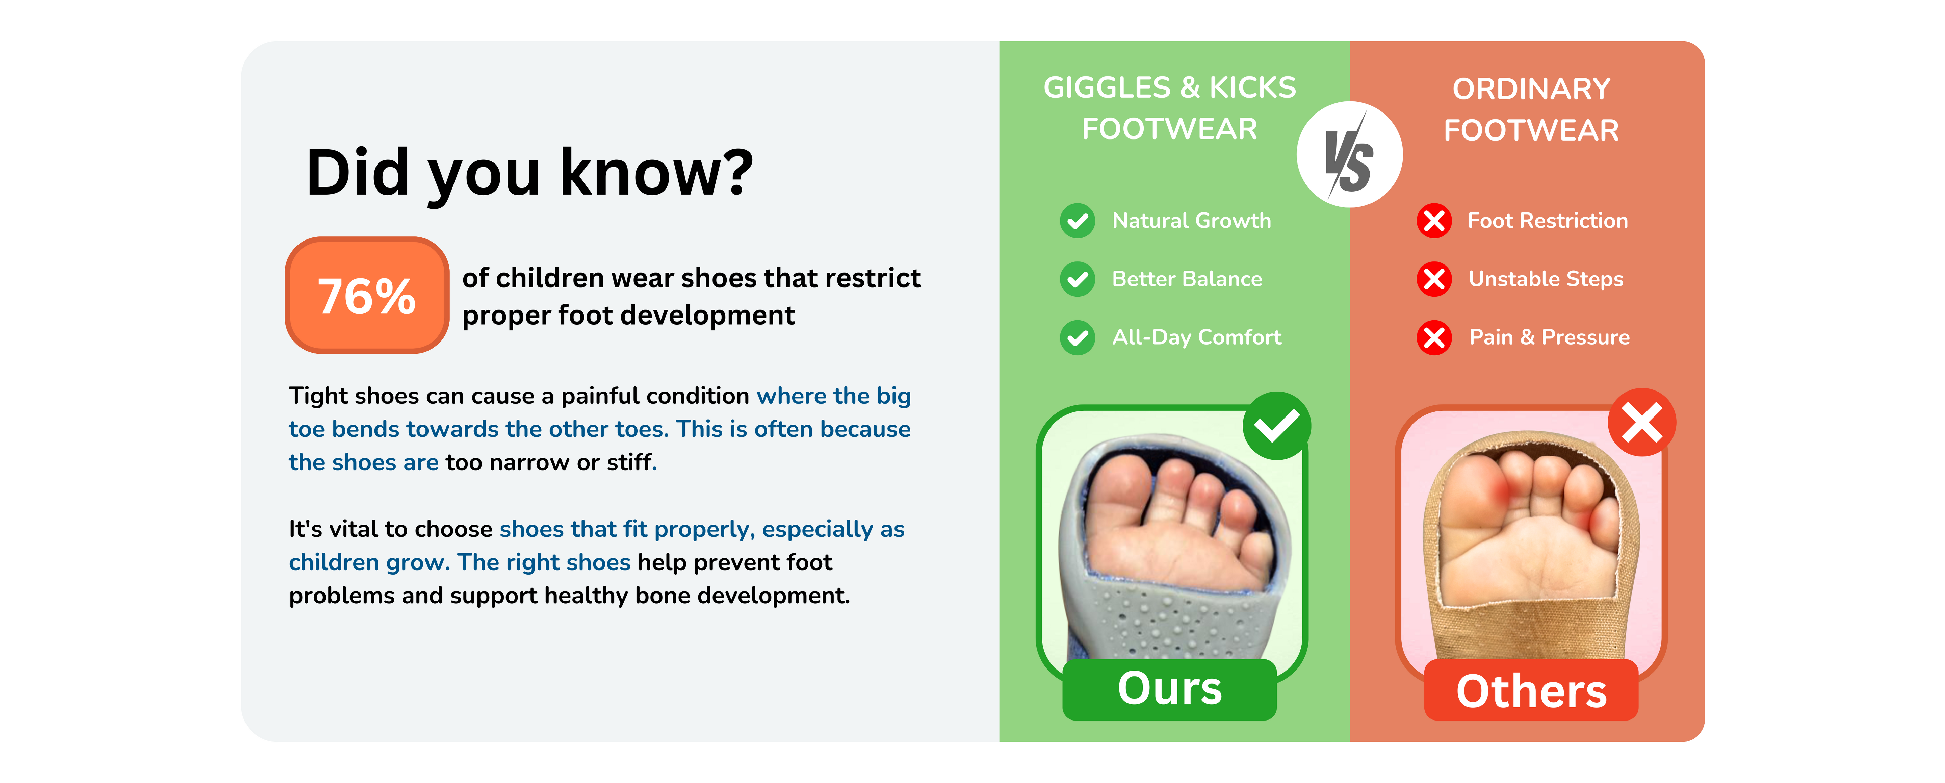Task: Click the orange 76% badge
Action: pyautogui.click(x=367, y=295)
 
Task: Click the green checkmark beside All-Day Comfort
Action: pyautogui.click(x=1078, y=337)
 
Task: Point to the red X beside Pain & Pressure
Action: pyautogui.click(x=1434, y=337)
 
